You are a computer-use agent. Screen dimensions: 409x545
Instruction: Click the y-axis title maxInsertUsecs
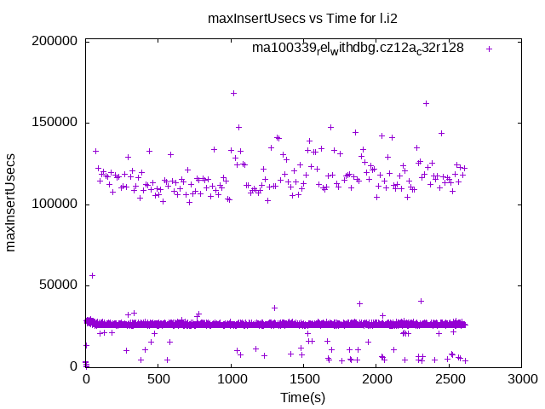(x=11, y=204)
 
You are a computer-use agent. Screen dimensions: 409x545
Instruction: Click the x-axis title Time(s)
(x=303, y=397)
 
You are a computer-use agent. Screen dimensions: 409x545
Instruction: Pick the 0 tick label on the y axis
(x=75, y=366)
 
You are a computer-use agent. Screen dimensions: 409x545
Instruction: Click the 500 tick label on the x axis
(x=158, y=380)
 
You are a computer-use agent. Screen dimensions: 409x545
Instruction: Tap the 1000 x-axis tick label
(x=231, y=380)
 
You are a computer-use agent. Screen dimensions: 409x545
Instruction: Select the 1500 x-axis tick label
(x=303, y=380)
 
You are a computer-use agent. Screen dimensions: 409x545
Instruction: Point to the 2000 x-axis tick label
(x=376, y=380)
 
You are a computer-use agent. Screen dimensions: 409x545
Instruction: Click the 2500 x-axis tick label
(x=449, y=380)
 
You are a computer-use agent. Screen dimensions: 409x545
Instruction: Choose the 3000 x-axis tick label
(x=521, y=380)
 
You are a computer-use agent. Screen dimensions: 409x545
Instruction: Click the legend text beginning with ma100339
(x=358, y=49)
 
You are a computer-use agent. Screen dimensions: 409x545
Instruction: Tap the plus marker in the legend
(x=489, y=49)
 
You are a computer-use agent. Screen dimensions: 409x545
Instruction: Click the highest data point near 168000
(x=233, y=93)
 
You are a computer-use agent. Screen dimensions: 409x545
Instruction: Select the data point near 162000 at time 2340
(x=426, y=103)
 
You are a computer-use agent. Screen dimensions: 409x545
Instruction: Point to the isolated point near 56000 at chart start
(x=92, y=275)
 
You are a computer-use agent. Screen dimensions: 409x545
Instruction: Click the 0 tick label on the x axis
(x=86, y=380)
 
